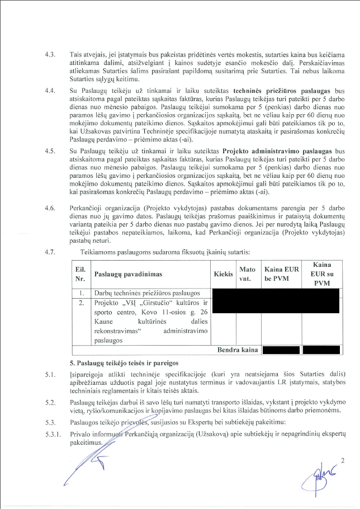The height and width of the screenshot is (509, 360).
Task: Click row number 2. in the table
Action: pos(81,303)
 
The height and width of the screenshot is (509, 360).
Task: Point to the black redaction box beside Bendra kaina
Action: pos(281,350)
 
